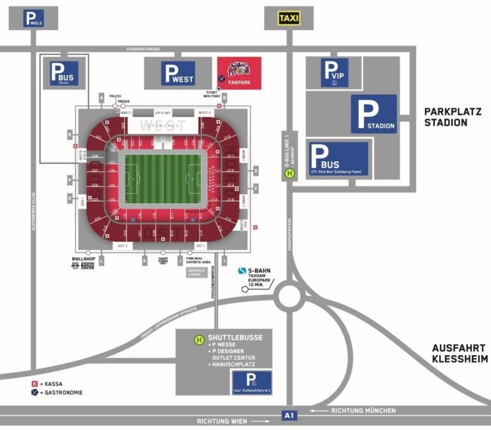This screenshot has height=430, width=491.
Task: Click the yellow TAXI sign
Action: click(x=289, y=19)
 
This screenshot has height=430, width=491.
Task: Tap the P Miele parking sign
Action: click(x=33, y=19)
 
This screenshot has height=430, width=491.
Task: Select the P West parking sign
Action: click(x=178, y=74)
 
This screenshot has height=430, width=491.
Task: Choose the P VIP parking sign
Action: click(x=334, y=72)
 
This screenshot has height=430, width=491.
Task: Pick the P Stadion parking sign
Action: click(x=373, y=115)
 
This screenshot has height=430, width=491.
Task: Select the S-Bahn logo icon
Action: click(x=242, y=271)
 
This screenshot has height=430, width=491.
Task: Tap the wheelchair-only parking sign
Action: click(x=251, y=382)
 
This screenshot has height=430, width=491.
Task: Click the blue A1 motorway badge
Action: click(x=289, y=415)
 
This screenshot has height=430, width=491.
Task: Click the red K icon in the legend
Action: click(x=35, y=384)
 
